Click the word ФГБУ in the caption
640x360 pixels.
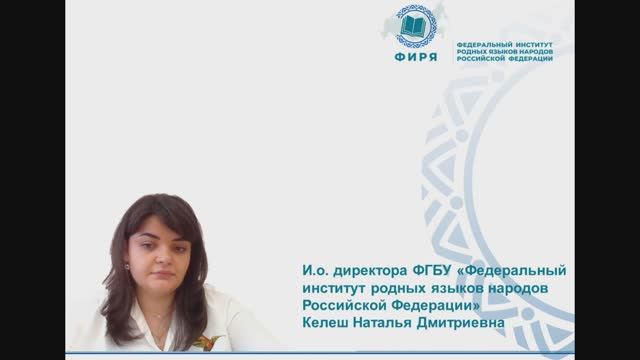(424, 272)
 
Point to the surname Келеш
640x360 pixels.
(327, 323)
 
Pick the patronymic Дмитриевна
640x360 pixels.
(485, 323)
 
